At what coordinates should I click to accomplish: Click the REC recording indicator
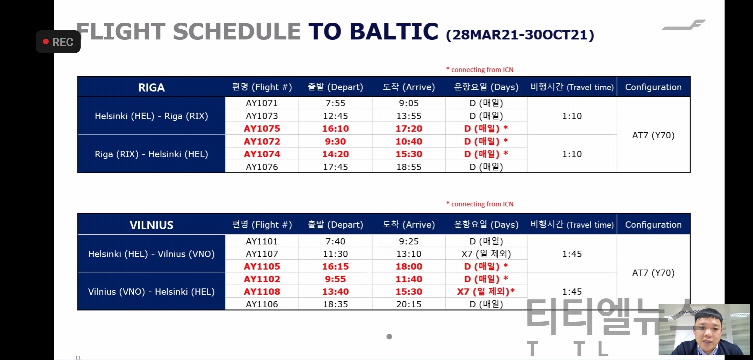click(x=58, y=42)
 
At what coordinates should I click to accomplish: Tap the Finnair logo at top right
click(x=684, y=25)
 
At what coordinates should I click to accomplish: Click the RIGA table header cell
click(x=152, y=87)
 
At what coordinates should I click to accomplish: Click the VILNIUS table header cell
click(x=152, y=225)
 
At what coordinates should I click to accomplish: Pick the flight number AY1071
click(x=262, y=103)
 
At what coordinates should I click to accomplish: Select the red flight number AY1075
click(x=262, y=128)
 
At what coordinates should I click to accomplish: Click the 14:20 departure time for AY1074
click(x=336, y=154)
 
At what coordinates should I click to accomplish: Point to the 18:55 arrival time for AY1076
click(x=409, y=167)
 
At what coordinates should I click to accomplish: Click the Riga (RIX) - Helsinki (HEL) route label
click(x=151, y=154)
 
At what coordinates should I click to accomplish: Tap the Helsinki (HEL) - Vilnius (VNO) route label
click(x=151, y=254)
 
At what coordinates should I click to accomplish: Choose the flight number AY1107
click(x=262, y=254)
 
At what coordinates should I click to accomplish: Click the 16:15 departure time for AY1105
click(x=336, y=266)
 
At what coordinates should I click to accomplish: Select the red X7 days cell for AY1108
click(x=486, y=292)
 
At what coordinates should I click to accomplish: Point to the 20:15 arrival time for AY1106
click(x=409, y=304)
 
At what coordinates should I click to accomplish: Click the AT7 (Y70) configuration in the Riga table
click(x=653, y=135)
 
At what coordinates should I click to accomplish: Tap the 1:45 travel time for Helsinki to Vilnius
click(x=572, y=254)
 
